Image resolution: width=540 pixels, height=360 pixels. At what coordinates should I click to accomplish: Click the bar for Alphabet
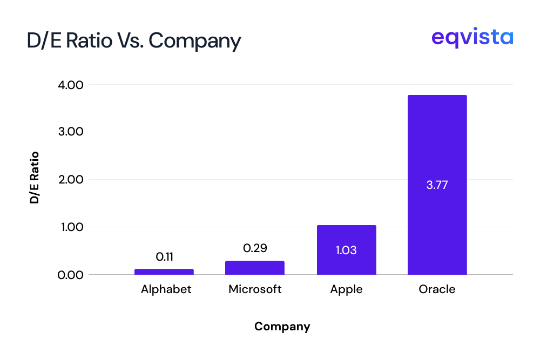(x=164, y=271)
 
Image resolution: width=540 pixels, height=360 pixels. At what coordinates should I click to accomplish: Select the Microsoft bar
(x=255, y=268)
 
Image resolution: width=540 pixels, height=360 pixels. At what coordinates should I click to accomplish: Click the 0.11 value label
(x=164, y=257)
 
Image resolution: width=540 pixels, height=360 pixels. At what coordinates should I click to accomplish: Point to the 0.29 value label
(x=255, y=248)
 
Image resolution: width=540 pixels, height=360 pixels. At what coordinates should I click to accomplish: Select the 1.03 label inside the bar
(x=346, y=250)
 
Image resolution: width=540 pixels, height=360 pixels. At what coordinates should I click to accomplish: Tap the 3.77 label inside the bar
(x=437, y=185)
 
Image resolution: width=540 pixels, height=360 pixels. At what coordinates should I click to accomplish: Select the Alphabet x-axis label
(x=166, y=289)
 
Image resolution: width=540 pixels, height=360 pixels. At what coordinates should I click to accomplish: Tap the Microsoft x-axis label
(x=255, y=289)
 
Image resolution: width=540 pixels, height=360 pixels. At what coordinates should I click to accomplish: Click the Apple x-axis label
(x=346, y=290)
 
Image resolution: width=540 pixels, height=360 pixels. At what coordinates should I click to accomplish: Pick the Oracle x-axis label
(x=437, y=289)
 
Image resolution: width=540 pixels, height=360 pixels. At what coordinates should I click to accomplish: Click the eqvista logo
(x=472, y=38)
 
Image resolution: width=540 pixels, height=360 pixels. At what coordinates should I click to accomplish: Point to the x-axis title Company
(x=282, y=327)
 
